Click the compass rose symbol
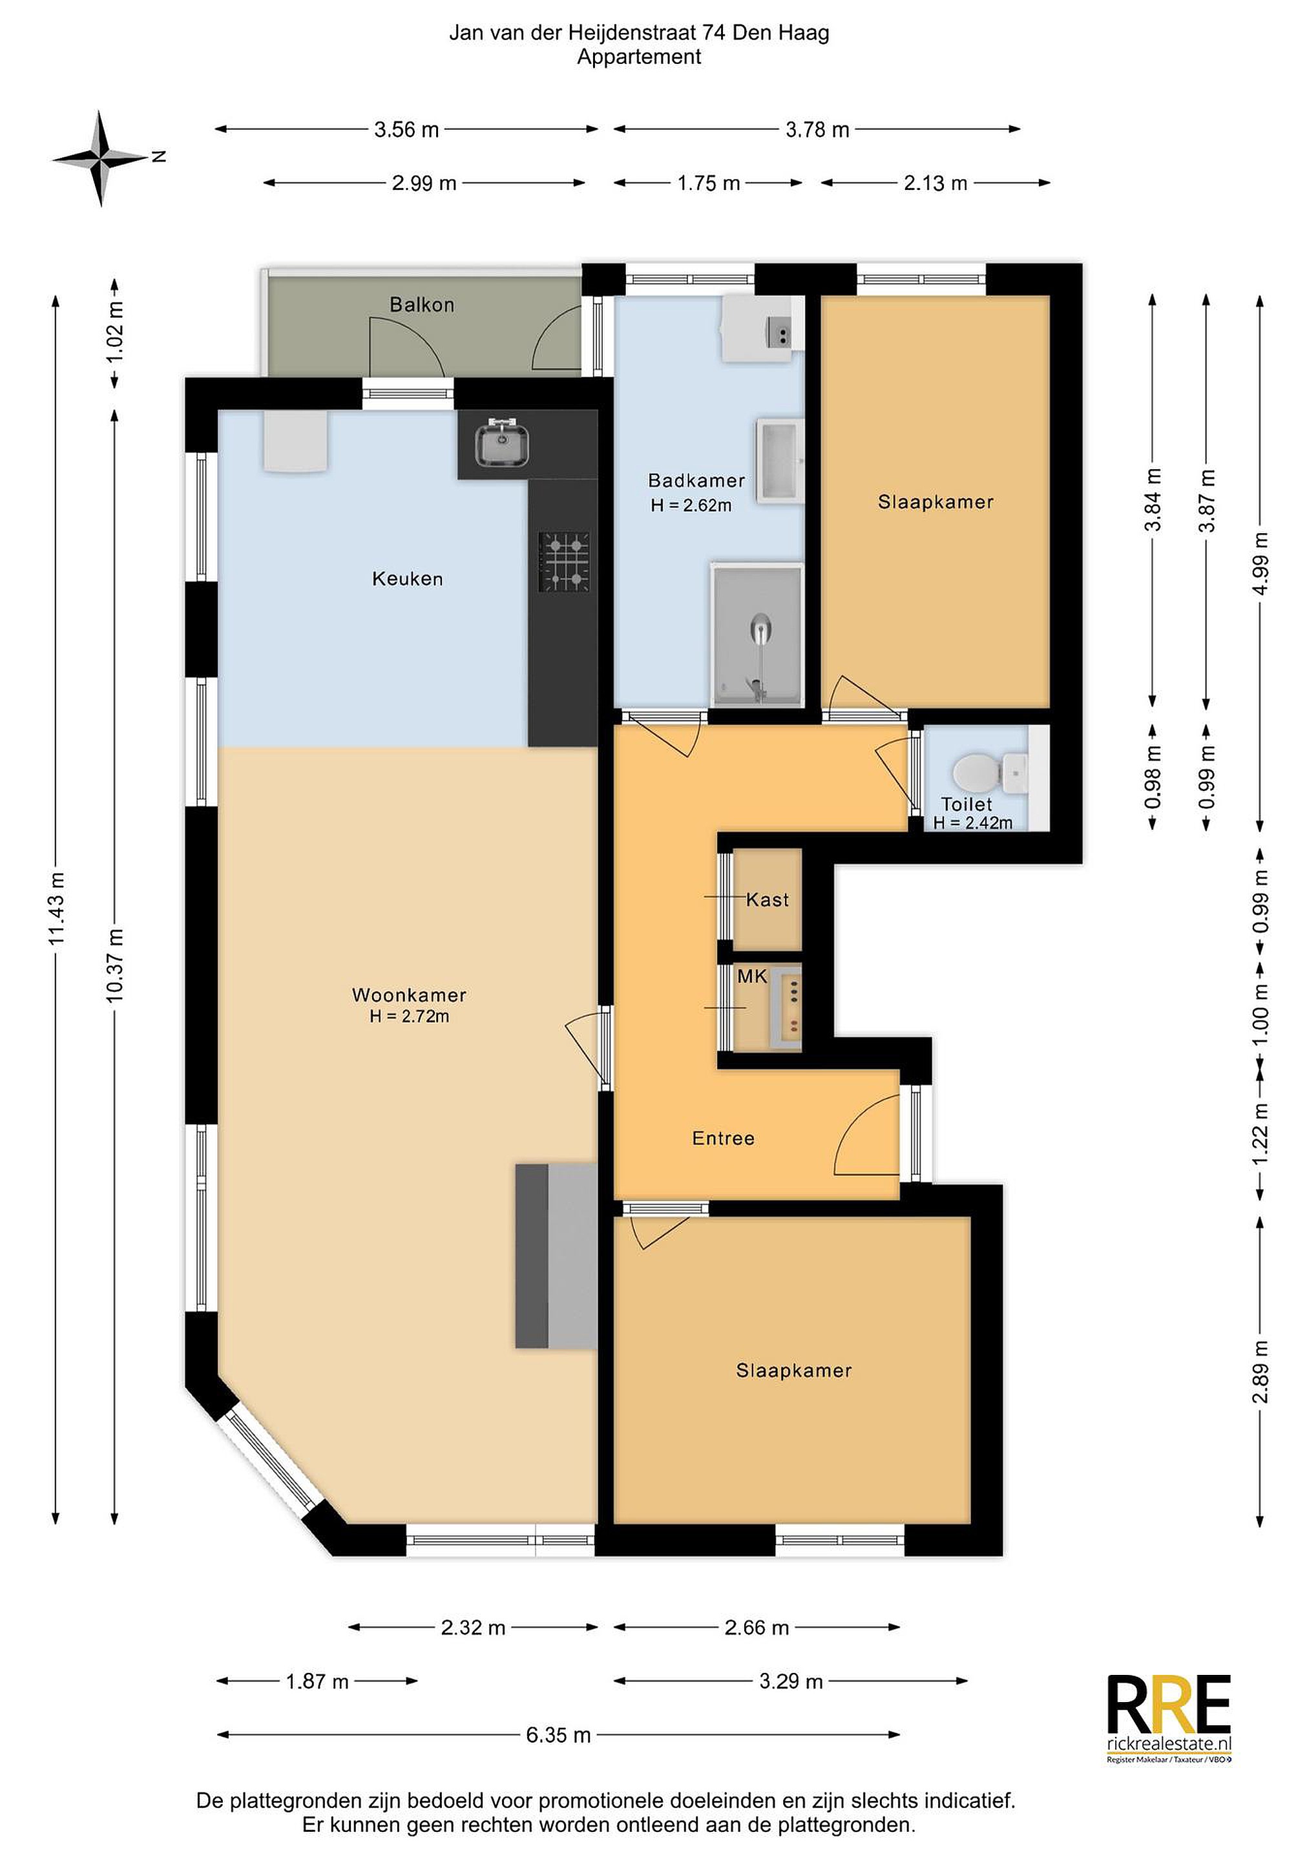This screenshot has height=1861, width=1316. [101, 158]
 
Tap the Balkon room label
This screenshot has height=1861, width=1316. [421, 305]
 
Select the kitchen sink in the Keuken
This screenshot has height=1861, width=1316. [503, 443]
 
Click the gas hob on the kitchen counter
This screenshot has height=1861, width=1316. [565, 562]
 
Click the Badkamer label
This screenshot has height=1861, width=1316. [696, 480]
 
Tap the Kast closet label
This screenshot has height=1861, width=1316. [767, 899]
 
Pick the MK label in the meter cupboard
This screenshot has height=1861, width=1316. [752, 976]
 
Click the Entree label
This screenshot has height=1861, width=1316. [723, 1138]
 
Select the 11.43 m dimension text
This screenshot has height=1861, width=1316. [56, 909]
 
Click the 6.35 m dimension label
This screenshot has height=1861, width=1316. [558, 1736]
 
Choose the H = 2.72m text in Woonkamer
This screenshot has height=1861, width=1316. [409, 1016]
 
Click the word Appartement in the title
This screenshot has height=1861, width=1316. [640, 58]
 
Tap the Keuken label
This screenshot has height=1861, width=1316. [408, 579]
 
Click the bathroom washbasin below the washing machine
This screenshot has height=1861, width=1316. [780, 462]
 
